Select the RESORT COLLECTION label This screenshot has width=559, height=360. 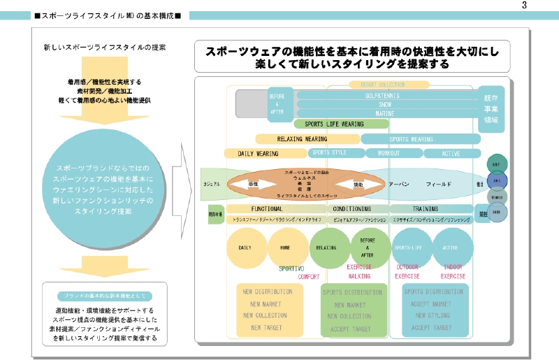point(384,85)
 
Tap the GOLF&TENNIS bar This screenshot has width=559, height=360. point(382,94)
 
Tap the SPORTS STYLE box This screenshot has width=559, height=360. point(329,152)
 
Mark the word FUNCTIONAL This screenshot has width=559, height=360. point(267,208)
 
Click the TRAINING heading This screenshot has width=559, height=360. point(425,208)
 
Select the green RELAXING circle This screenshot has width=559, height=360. point(326,247)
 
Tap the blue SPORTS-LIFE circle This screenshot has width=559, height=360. point(409,247)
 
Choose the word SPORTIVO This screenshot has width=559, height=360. point(291,268)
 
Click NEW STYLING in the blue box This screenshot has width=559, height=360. point(430,316)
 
